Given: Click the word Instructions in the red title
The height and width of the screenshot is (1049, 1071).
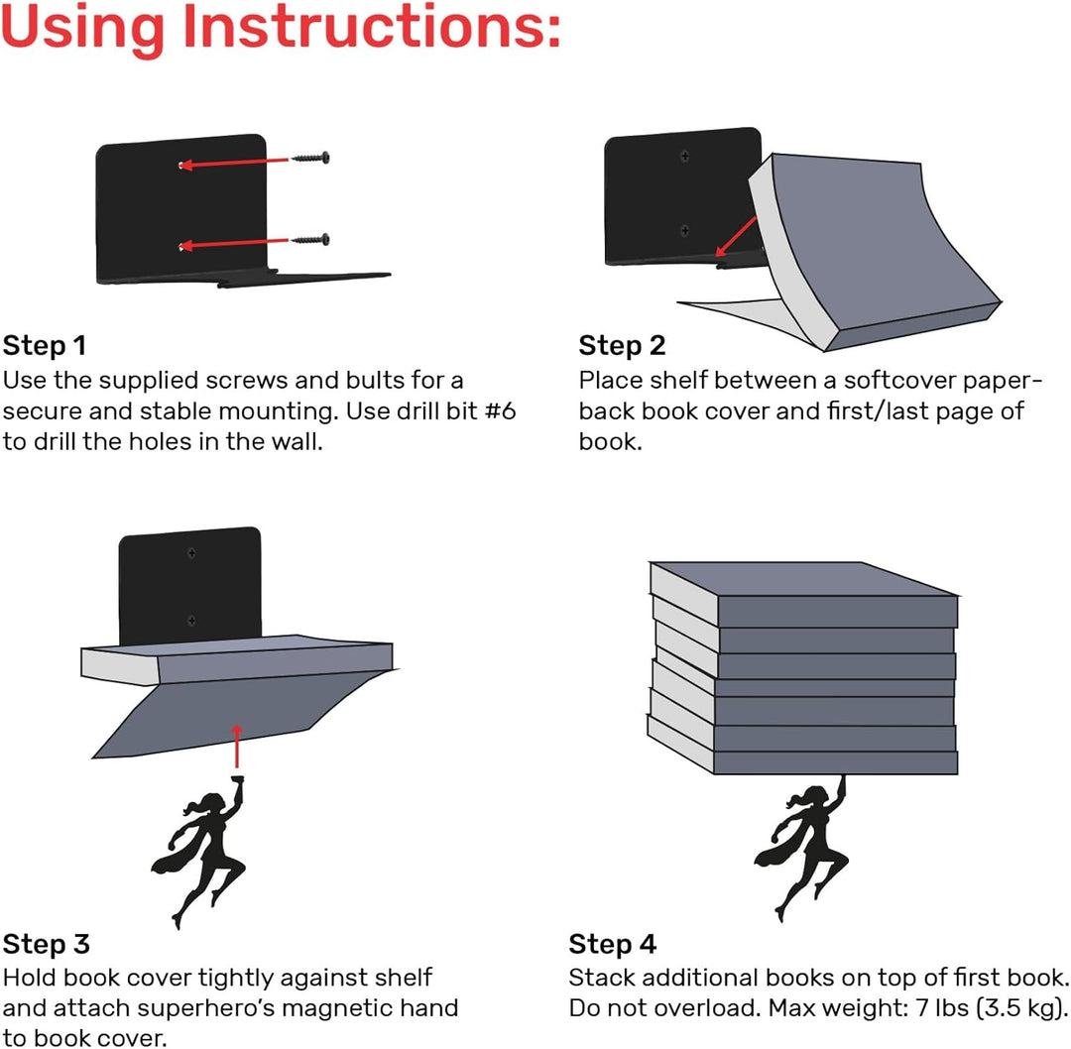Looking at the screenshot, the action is (x=372, y=28).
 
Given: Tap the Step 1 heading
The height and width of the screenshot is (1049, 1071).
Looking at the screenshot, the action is (x=45, y=346).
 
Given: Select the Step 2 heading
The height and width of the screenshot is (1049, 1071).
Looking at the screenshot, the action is (x=622, y=346).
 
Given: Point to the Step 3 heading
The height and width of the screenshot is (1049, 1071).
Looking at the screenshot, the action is (x=46, y=944).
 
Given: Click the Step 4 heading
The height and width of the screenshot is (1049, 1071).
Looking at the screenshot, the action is (x=612, y=944).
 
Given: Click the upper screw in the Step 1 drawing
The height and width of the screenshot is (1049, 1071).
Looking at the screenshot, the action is (x=310, y=159).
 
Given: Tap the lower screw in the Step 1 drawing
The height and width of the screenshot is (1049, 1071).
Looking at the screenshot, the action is (x=310, y=240).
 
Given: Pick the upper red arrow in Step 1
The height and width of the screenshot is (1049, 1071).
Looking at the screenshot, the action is (x=234, y=163).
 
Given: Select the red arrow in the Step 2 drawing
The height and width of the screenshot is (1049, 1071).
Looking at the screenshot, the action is (x=736, y=237).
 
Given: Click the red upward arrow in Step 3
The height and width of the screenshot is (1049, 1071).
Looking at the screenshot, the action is (x=236, y=746).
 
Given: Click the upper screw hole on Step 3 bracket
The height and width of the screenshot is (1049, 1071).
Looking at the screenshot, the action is (x=192, y=553).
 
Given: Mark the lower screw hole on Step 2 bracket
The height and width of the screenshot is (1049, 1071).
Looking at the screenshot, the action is (x=684, y=231).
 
